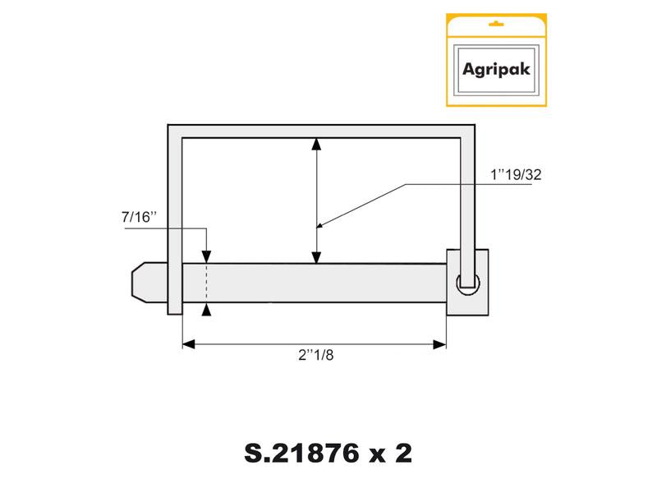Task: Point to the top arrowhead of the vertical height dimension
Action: tap(317, 145)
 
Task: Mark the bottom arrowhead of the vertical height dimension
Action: tap(317, 257)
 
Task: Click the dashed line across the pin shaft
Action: tap(206, 283)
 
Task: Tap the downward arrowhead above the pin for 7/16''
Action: tap(206, 257)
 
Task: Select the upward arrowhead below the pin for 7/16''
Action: tap(206, 309)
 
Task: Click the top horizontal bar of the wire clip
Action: tap(321, 131)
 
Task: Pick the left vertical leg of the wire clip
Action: tap(175, 222)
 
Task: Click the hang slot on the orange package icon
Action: tap(495, 25)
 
